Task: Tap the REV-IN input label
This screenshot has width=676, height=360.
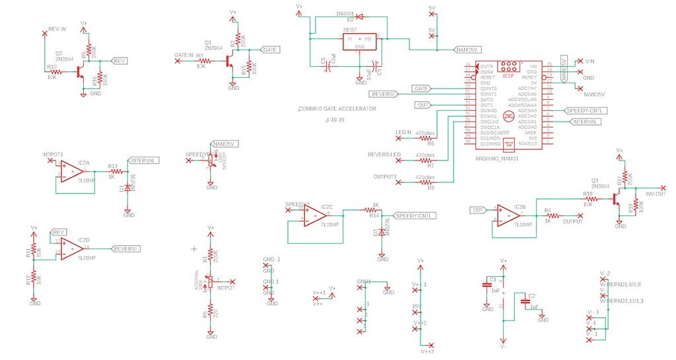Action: [57, 30]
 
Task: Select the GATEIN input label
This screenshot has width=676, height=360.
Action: [184, 54]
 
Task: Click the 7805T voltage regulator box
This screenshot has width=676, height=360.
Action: [359, 42]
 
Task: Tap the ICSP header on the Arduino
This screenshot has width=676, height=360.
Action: [508, 68]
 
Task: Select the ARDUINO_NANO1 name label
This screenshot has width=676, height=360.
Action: [498, 159]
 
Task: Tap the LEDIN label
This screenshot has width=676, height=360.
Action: [403, 133]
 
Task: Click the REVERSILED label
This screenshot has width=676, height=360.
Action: [384, 155]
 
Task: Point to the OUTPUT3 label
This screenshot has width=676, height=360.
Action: [387, 176]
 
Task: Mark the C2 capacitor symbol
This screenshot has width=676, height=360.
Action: [525, 302]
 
